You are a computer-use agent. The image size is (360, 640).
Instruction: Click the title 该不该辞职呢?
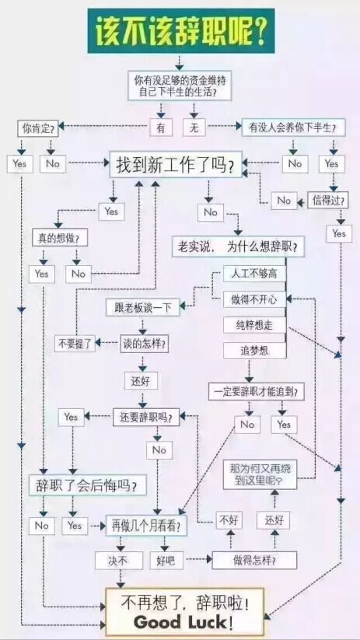click(x=181, y=31)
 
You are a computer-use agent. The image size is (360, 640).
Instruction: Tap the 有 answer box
click(x=161, y=128)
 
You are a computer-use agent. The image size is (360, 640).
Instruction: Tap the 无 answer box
click(x=194, y=128)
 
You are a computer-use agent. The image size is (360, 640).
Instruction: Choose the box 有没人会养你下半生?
click(x=293, y=128)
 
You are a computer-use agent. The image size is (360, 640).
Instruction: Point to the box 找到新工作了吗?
click(x=176, y=166)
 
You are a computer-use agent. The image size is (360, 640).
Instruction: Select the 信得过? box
click(x=328, y=201)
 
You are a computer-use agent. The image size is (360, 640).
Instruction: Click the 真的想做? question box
click(x=60, y=238)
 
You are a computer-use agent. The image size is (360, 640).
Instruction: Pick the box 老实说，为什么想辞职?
click(x=238, y=247)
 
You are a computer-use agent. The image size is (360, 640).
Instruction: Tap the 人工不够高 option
click(x=254, y=273)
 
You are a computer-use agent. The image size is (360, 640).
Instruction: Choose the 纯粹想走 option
click(x=254, y=325)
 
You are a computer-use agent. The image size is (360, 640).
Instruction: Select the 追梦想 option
click(x=254, y=350)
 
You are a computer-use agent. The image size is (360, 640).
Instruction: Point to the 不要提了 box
click(x=75, y=343)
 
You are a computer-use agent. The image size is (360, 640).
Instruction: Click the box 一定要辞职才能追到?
click(x=257, y=391)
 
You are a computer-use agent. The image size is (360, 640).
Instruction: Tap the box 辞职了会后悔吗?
click(x=87, y=485)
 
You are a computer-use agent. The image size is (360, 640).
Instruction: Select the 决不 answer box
click(x=119, y=561)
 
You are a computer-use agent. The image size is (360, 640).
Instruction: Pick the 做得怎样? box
click(x=254, y=560)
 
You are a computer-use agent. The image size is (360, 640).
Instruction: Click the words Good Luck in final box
click(x=180, y=622)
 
